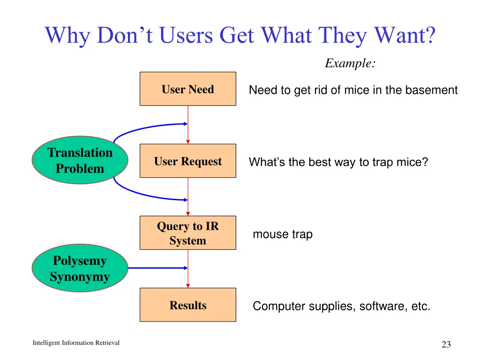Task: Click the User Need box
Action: pos(187,89)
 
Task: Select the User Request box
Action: pos(187,161)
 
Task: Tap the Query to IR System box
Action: pos(187,233)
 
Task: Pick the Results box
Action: pos(187,305)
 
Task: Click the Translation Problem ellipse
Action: pos(80,160)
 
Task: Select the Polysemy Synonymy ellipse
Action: pos(80,268)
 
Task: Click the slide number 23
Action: pos(446,345)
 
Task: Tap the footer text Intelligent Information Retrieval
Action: pos(76,343)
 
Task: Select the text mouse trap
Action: pos(282,234)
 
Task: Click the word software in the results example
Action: pos(379,307)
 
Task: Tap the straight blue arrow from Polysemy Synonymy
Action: pos(157,268)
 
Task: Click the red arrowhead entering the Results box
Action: pos(188,285)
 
